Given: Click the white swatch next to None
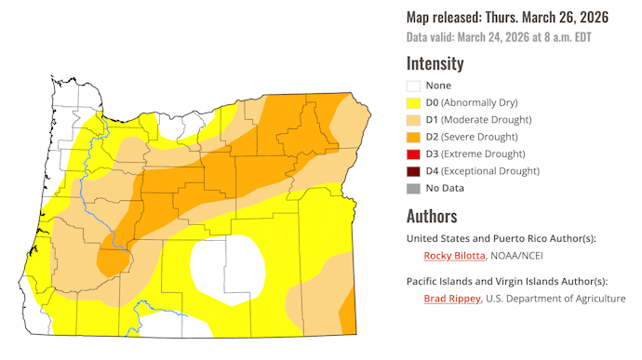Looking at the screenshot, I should [x=415, y=86].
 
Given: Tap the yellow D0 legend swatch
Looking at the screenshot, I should [x=415, y=102].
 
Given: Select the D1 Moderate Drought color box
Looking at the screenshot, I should [x=415, y=119].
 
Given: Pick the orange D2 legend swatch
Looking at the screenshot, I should [x=415, y=136].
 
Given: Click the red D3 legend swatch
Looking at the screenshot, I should [x=415, y=153].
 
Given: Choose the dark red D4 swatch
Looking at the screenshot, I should [x=415, y=170].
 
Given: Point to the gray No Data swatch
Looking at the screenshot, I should [x=415, y=187].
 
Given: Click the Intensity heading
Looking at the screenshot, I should [x=435, y=63].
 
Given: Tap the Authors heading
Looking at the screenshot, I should [x=432, y=216].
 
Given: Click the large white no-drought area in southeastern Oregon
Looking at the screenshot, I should [x=225, y=269].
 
